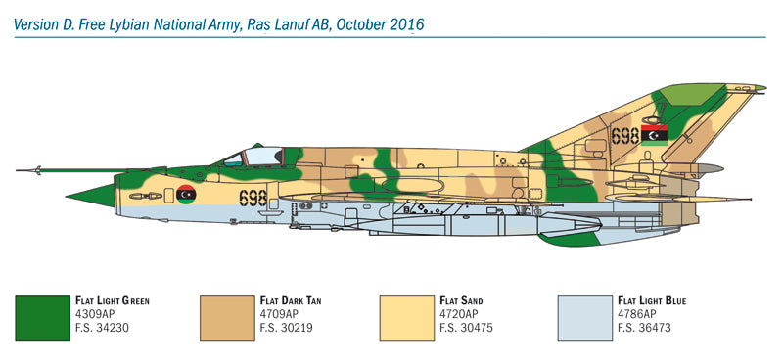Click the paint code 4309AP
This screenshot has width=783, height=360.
point(94,314)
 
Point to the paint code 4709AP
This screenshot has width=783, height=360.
point(277,314)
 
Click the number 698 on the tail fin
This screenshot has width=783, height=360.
point(624,134)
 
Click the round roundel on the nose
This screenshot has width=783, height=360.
point(186,195)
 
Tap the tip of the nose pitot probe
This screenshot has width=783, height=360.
point(19,170)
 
